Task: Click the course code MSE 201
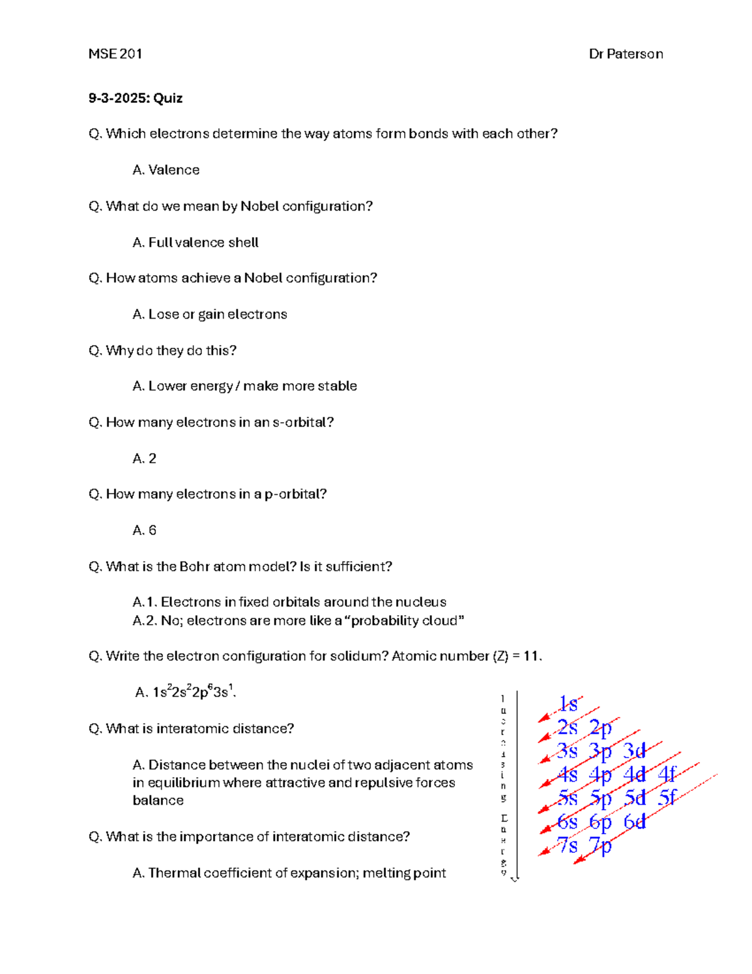(x=115, y=54)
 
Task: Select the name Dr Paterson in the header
(x=625, y=54)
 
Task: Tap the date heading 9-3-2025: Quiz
(x=135, y=98)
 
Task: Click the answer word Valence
(x=174, y=170)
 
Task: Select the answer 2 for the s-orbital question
(x=152, y=458)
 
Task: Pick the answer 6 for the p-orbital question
(x=152, y=531)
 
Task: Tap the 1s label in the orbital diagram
(x=568, y=704)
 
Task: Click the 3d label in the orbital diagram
(x=634, y=751)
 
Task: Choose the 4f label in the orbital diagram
(x=667, y=775)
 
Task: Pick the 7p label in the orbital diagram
(x=600, y=845)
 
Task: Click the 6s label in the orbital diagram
(x=567, y=822)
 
